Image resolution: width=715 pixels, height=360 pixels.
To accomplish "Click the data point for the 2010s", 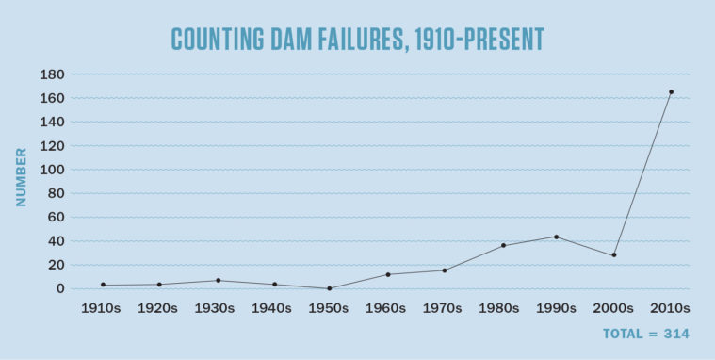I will (671, 91).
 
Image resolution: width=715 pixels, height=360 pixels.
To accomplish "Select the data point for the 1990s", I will (557, 237).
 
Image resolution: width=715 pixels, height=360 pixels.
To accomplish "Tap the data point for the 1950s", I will (330, 288).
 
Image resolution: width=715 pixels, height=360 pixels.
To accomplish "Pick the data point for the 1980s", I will (503, 245).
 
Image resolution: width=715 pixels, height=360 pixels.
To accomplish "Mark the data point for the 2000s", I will (614, 255).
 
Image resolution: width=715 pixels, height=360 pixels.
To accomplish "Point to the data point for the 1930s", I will (218, 280).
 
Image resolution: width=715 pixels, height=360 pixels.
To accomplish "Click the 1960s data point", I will (388, 274).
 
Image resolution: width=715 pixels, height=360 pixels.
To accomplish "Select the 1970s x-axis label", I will (443, 308).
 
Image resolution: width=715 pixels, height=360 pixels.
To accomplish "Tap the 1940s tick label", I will (273, 308).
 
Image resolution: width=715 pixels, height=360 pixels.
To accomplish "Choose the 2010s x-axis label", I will (671, 308).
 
